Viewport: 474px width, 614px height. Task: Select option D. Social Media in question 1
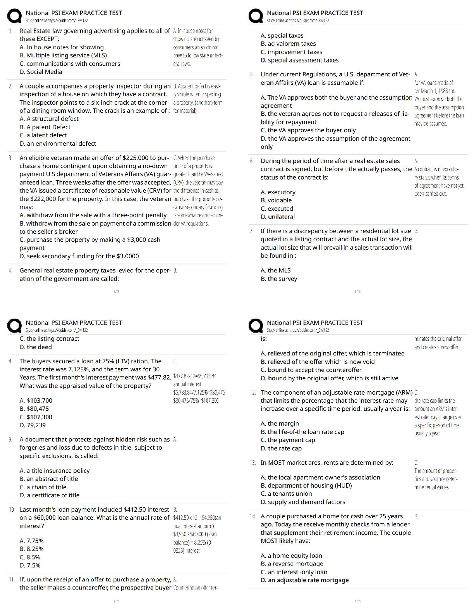click(x=41, y=72)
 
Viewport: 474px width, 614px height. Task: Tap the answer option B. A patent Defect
click(x=45, y=127)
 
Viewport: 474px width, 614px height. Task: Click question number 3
click(x=10, y=158)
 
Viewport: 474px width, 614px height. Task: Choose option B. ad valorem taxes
click(x=288, y=44)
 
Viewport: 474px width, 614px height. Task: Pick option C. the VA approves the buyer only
click(x=308, y=130)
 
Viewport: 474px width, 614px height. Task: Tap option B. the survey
click(x=279, y=279)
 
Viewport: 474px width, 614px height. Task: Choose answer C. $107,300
click(x=36, y=417)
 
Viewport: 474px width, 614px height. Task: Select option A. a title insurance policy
click(x=54, y=471)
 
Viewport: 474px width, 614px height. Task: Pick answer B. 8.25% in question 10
click(x=31, y=549)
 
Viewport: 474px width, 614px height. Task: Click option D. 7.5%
click(x=30, y=565)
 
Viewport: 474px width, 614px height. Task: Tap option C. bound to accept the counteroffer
click(x=311, y=370)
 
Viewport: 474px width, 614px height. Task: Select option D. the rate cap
click(x=281, y=448)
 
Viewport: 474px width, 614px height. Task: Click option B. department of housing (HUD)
click(x=306, y=486)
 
